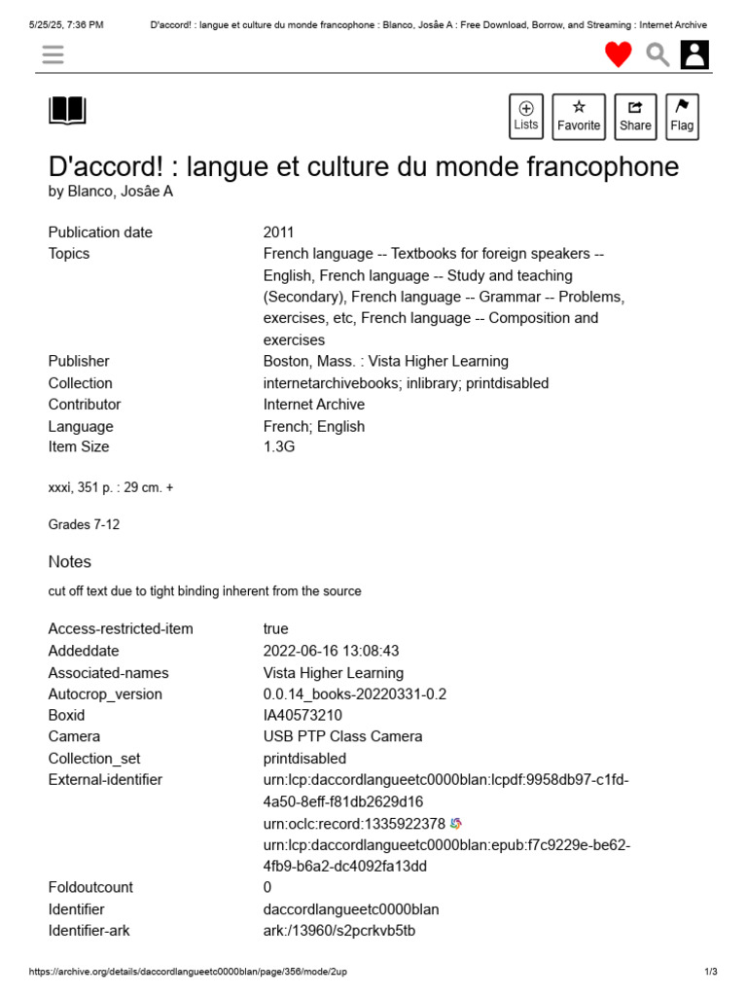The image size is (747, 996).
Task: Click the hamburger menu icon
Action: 53,54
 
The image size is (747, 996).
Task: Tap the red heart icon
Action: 619,54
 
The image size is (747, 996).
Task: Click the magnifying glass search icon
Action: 658,54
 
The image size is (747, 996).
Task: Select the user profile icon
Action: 694,54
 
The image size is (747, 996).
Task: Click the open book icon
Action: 67,111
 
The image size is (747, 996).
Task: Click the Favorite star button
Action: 579,116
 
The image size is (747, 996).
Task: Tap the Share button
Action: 635,116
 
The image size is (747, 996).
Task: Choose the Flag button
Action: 682,116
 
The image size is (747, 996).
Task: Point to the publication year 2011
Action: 278,232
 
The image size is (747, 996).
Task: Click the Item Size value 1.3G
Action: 278,447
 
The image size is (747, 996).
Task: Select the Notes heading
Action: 70,562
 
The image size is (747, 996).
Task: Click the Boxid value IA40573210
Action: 302,716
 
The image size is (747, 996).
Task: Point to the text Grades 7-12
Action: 84,525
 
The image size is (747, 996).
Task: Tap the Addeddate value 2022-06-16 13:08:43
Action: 331,651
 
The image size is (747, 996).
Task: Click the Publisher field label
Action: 79,362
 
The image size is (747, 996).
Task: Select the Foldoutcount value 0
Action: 267,888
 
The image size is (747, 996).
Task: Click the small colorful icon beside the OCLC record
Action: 456,824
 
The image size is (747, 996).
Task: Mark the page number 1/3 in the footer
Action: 710,972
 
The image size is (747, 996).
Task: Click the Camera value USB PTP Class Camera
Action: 342,737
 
